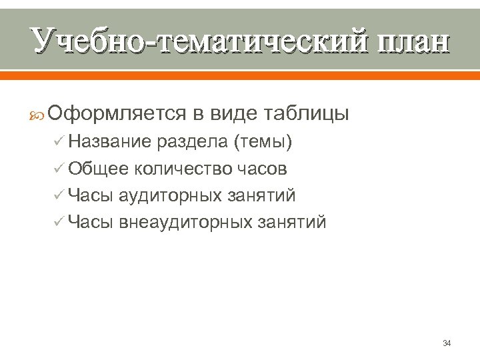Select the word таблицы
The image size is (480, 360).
click(x=307, y=114)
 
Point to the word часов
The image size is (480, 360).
click(x=263, y=169)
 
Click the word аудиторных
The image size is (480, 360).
click(x=171, y=196)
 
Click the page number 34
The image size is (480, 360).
click(x=447, y=343)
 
